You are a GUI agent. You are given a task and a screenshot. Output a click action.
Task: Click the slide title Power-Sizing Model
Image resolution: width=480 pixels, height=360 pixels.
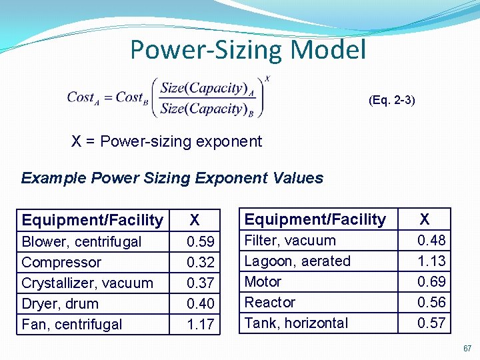coord(248,49)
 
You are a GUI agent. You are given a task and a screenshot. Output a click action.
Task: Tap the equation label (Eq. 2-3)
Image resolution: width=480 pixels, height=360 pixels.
coord(391,101)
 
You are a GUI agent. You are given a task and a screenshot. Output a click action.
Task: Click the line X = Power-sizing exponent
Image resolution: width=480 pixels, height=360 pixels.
coord(167,141)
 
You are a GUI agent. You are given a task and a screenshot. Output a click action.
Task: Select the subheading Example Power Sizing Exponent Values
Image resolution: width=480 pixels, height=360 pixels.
coord(172,178)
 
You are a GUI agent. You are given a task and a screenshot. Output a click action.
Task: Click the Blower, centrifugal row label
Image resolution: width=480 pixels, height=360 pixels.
coord(81,241)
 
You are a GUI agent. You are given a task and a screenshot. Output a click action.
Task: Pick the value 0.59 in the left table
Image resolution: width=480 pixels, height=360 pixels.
coord(200,241)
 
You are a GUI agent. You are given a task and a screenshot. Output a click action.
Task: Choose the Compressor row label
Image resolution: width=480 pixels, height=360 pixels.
coord(61,262)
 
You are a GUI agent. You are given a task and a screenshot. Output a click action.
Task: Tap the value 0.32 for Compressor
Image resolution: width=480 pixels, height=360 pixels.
coord(200,262)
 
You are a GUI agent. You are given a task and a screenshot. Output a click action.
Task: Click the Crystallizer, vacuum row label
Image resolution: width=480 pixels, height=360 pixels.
coord(87,283)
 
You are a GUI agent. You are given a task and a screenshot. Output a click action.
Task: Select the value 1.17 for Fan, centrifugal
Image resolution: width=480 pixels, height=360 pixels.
coord(200,324)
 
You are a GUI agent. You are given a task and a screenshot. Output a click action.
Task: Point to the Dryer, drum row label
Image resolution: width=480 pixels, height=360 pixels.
coord(60,303)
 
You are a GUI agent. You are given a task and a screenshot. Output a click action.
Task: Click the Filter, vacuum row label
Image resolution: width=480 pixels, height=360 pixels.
coord(290,240)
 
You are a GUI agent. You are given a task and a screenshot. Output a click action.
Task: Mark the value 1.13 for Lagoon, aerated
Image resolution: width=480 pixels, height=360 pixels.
coord(431,261)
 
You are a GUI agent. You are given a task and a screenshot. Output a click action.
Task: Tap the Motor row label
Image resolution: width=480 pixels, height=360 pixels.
coord(263,281)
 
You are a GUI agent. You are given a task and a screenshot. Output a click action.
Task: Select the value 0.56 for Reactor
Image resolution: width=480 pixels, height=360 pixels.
coord(431,302)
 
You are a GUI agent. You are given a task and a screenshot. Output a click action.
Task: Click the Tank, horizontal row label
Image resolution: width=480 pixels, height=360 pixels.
coord(296,323)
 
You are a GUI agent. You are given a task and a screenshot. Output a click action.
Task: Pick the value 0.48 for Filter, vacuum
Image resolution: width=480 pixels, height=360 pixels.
coord(431,240)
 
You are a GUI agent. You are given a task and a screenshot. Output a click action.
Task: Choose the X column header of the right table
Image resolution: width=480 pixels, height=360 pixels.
coord(425,219)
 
